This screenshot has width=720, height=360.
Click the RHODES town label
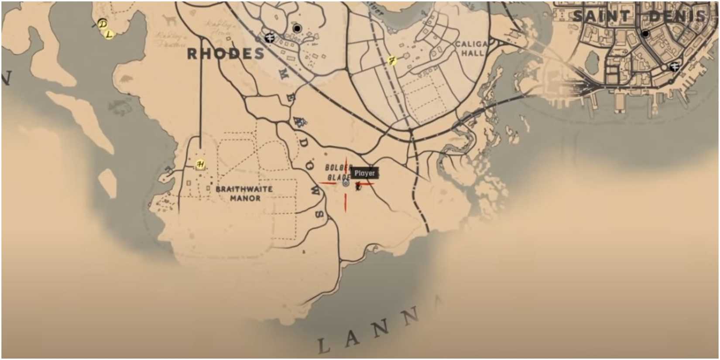coord(226,54)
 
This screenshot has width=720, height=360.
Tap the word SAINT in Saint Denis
coord(602,17)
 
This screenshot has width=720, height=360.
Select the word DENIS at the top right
coord(678,17)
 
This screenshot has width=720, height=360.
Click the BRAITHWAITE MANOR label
coord(244,193)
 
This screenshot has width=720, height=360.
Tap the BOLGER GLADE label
coord(338,173)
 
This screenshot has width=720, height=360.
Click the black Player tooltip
coord(364,173)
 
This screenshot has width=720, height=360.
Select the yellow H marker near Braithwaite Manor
coord(200,165)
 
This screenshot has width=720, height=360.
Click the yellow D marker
coord(103,24)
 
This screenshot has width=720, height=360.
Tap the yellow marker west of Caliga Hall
coord(392,61)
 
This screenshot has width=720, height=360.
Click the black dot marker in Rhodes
coord(298,29)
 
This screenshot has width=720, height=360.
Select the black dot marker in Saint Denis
coord(645,34)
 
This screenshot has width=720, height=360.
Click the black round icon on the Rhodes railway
coord(269,38)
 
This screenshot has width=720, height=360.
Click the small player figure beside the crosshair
coord(358,186)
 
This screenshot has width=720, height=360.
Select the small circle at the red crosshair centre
coord(346,183)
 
